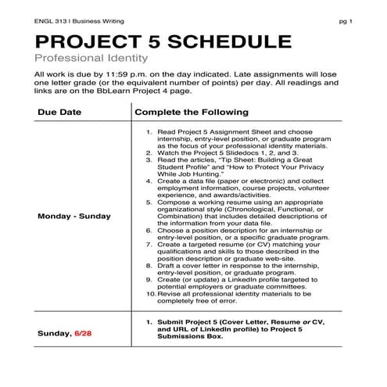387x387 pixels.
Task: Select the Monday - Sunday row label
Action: pos(74,216)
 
